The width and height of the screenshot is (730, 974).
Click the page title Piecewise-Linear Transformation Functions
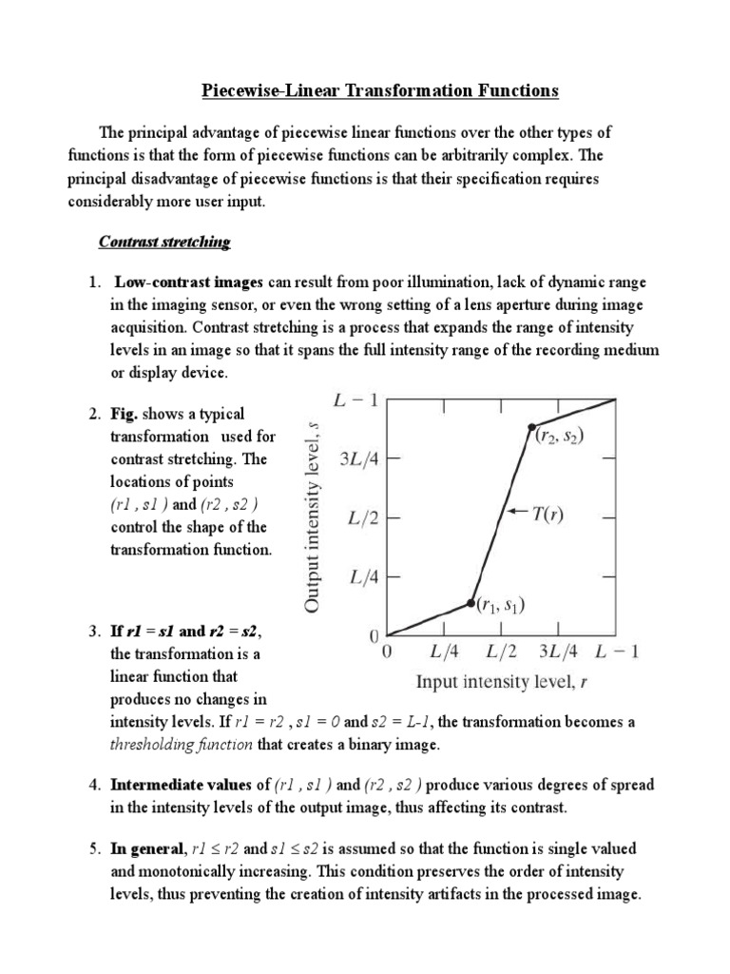pyautogui.click(x=380, y=91)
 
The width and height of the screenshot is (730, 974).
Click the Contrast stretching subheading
pyautogui.click(x=164, y=242)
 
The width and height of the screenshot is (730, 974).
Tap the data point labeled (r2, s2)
pyautogui.click(x=531, y=426)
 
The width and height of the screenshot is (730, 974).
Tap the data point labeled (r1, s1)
pyautogui.click(x=471, y=603)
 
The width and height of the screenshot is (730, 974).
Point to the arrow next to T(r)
pyautogui.click(x=517, y=512)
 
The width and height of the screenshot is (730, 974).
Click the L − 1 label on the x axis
pyautogui.click(x=617, y=653)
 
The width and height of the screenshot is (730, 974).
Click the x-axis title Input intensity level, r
pyautogui.click(x=504, y=682)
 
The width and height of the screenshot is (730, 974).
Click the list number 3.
pyautogui.click(x=94, y=632)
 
